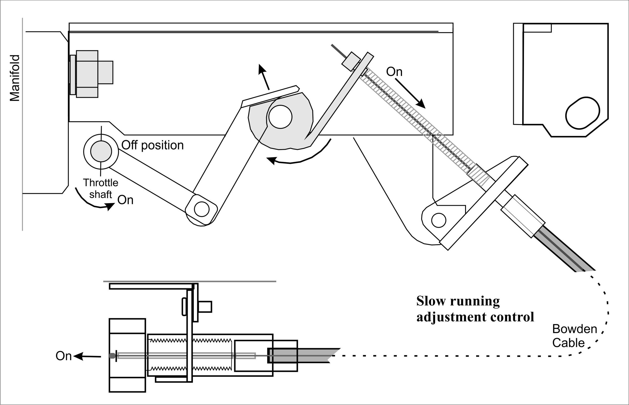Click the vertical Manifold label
15,78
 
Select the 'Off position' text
153,145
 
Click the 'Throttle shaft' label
101,188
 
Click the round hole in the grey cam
280,117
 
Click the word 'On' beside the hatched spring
394,72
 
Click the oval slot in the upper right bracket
582,113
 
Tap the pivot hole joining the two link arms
202,209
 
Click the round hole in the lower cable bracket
439,220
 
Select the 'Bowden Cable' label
574,336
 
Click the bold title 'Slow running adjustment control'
475,309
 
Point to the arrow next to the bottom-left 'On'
87,356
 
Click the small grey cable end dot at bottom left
112,356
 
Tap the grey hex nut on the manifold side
87,74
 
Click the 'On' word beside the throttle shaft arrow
125,200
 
